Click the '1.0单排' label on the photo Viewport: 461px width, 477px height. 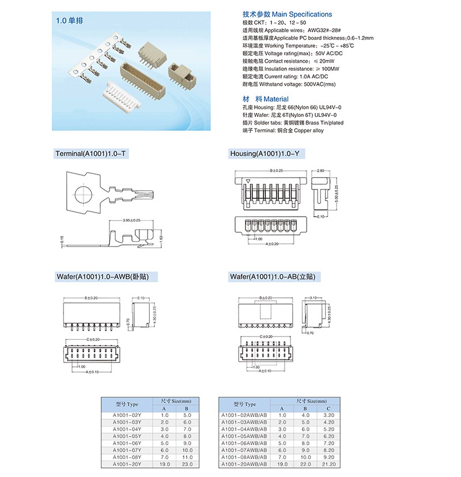(67, 20)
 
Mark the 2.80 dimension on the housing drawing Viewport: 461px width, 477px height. (320, 171)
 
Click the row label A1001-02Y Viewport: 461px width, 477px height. (127, 415)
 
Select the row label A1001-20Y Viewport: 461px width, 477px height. (127, 464)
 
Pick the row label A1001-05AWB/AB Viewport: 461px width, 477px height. (244, 436)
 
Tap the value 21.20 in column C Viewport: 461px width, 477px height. (329, 464)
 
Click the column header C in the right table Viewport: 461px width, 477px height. (329, 408)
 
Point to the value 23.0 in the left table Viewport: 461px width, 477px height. (187, 464)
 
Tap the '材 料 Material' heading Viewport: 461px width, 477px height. (266, 99)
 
